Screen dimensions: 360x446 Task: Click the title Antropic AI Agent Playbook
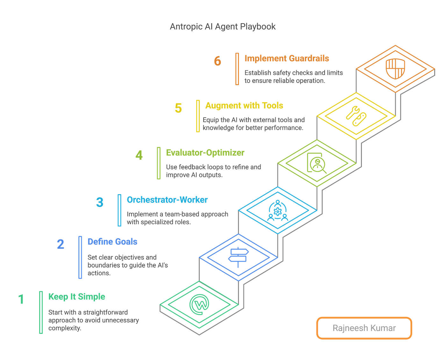[x=222, y=26]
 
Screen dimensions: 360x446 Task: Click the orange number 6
[x=218, y=61]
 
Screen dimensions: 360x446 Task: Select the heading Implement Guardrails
[x=287, y=58]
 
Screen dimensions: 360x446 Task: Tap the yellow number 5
[x=178, y=108]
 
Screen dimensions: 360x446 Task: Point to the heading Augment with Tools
[x=244, y=106]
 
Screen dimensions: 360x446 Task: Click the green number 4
[x=139, y=155]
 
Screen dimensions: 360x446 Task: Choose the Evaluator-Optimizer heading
[x=205, y=153]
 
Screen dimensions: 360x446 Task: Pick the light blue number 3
[x=100, y=202]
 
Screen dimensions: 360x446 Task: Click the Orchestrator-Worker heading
[x=167, y=200]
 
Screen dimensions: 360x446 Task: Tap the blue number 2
[x=61, y=244]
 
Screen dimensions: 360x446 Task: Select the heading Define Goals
[x=112, y=242]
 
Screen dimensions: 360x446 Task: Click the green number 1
[x=21, y=299]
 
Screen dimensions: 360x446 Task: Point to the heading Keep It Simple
[x=77, y=297]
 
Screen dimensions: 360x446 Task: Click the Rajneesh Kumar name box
[x=364, y=328]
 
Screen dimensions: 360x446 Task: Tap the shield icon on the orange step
[x=395, y=69]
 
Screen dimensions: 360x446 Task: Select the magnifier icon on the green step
[x=316, y=163]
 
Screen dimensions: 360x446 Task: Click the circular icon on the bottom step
[x=199, y=304]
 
